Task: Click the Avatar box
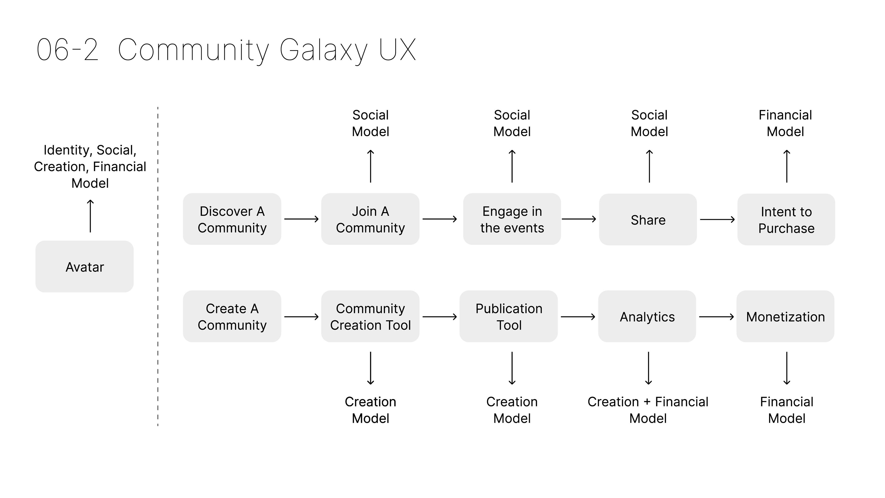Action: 85,267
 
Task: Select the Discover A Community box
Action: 232,219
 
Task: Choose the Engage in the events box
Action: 512,219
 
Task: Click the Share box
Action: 648,220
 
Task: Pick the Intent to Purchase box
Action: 786,220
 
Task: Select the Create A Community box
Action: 232,317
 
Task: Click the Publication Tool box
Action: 508,317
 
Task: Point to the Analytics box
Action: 647,317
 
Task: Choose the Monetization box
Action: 785,317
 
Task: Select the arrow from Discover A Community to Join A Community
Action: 301,219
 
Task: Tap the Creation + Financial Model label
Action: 648,410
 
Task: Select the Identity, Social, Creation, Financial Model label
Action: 90,167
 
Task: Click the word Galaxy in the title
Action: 324,50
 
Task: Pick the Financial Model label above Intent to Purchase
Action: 785,123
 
